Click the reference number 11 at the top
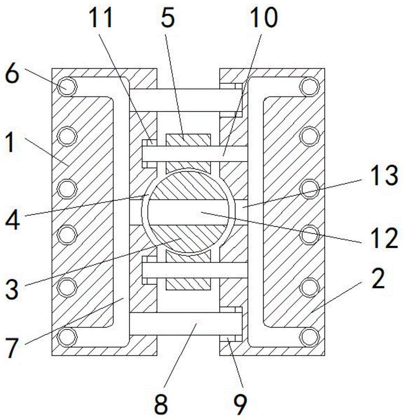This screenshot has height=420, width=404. pyautogui.click(x=100, y=17)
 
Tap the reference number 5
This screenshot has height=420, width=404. pyautogui.click(x=168, y=18)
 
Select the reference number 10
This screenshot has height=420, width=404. pyautogui.click(x=264, y=17)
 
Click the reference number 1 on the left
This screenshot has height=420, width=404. pyautogui.click(x=10, y=142)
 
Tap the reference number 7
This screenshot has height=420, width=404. pyautogui.click(x=12, y=348)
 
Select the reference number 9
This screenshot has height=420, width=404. pyautogui.click(x=240, y=405)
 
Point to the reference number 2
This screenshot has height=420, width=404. pyautogui.click(x=378, y=279)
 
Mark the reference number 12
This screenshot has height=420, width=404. pyautogui.click(x=384, y=238)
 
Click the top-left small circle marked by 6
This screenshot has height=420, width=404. pyautogui.click(x=67, y=86)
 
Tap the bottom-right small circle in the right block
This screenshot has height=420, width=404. pyautogui.click(x=310, y=337)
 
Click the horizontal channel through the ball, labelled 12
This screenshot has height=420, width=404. pyautogui.click(x=188, y=213)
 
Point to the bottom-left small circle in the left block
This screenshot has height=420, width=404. pyautogui.click(x=67, y=337)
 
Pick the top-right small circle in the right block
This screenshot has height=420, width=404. pyautogui.click(x=310, y=86)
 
